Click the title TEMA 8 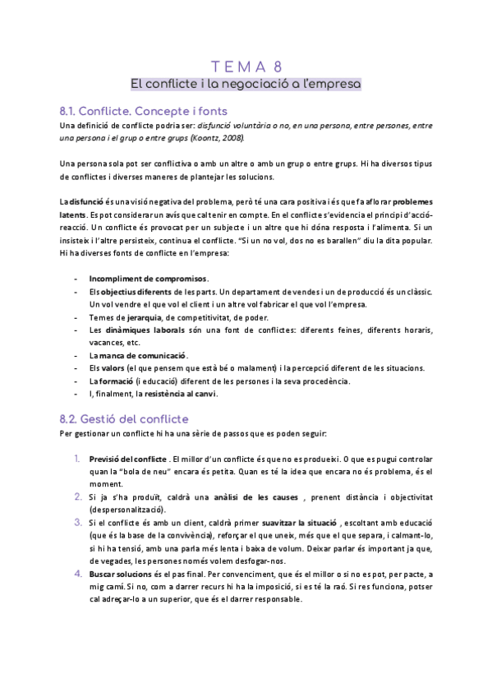tap(246, 67)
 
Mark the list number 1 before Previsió tap(76, 458)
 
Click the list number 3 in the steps tap(76, 522)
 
